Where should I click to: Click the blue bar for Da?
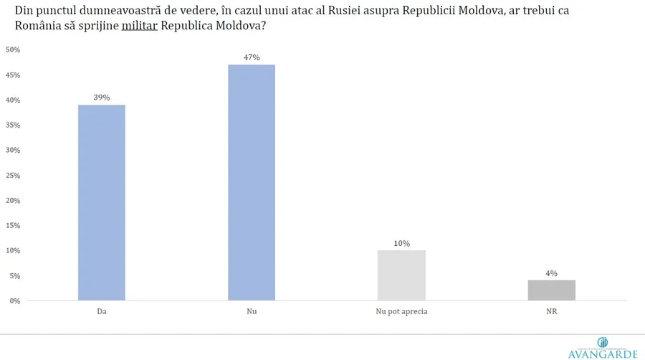(102, 203)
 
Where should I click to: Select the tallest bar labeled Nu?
(252, 183)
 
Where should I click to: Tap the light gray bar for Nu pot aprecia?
(401, 275)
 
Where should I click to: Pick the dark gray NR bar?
(552, 290)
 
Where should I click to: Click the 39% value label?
(102, 98)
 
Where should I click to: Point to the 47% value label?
(252, 57)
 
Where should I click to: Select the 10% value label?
(401, 243)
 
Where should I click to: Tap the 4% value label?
(552, 273)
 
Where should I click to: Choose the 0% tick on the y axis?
(14, 301)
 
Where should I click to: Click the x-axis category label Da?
(102, 312)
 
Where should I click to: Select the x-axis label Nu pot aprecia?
(401, 312)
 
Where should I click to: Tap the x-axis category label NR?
(552, 312)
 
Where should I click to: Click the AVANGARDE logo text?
(602, 353)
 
